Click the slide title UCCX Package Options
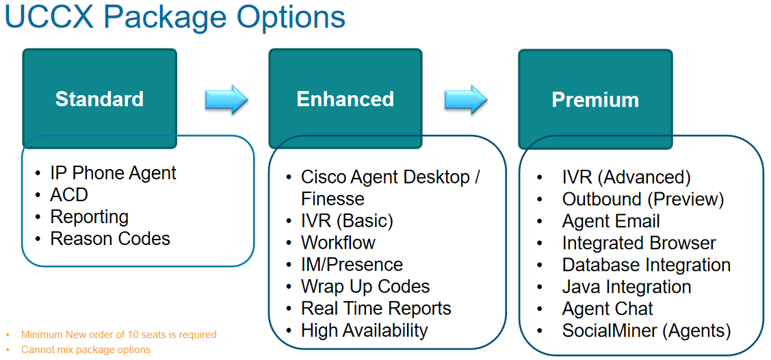pos(175,18)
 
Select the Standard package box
pos(100,99)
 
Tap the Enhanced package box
pos(345,99)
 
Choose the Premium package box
pos(595,99)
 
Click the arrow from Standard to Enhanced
pos(226,100)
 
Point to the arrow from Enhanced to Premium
pos(465,100)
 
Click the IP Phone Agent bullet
pos(113,173)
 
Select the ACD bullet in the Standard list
pos(69,195)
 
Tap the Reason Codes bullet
pos(110,239)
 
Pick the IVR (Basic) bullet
pos(347,221)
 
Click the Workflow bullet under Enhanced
pos(338,243)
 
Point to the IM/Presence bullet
pos(352,265)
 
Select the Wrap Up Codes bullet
pos(365,287)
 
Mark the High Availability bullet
pos(364,331)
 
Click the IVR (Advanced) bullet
pos(626,178)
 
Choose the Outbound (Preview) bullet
pos(642,199)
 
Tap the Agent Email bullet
pos(611,222)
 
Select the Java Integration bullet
pos(627,287)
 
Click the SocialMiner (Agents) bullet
pos(646,331)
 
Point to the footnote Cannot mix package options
pos(86,350)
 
